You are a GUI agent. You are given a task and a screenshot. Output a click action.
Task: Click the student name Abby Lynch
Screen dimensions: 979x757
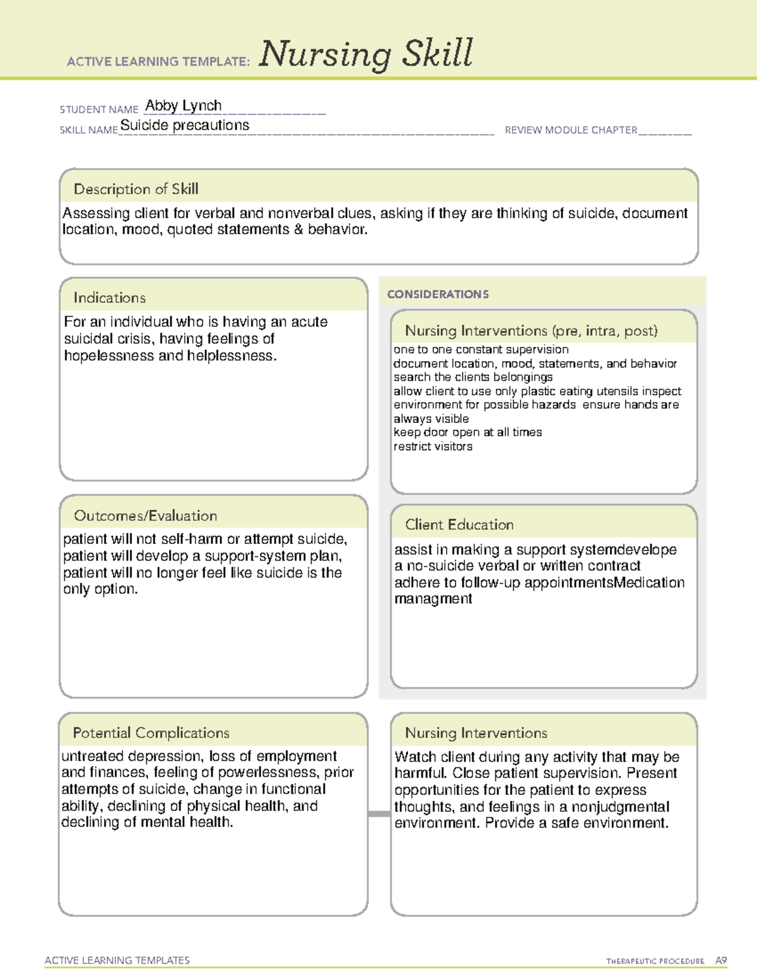[x=184, y=105]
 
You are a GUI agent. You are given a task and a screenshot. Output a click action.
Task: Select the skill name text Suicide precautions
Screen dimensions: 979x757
[x=185, y=125]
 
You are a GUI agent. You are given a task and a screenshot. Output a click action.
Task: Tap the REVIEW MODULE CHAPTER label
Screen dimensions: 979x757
[x=571, y=130]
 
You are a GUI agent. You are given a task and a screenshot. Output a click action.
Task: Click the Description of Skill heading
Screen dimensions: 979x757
[x=136, y=189]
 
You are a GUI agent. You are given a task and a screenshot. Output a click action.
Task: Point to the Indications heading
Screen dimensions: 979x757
[x=109, y=298]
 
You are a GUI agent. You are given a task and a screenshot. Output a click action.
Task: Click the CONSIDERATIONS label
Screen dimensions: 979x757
[x=438, y=294]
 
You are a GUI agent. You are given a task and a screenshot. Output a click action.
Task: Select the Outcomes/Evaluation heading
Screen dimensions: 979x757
[x=145, y=516]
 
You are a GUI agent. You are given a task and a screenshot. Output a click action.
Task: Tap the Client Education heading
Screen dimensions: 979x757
[x=459, y=524]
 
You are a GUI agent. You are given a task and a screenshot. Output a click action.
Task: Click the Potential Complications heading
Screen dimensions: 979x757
[x=151, y=733]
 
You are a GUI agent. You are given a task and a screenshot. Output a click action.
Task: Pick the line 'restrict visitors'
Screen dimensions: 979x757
[x=433, y=446]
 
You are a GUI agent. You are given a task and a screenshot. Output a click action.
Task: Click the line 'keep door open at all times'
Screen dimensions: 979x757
[x=467, y=432]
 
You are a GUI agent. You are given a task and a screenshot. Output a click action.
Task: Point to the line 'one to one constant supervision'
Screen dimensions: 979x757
[x=481, y=349]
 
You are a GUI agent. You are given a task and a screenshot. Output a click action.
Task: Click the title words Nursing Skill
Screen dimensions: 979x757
[x=366, y=54]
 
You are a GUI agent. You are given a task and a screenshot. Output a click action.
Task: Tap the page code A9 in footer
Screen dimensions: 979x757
[x=720, y=961]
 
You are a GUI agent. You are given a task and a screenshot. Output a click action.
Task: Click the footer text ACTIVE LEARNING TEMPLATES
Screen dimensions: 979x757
[x=117, y=960]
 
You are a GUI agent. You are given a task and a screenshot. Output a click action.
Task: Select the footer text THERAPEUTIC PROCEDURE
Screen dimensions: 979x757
[x=655, y=961]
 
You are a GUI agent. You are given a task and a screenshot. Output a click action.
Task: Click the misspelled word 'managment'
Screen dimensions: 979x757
[x=433, y=599]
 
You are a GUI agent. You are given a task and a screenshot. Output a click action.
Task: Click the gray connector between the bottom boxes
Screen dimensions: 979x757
[x=379, y=814]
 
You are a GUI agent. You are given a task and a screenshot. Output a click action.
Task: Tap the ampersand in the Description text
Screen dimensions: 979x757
[x=298, y=230]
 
